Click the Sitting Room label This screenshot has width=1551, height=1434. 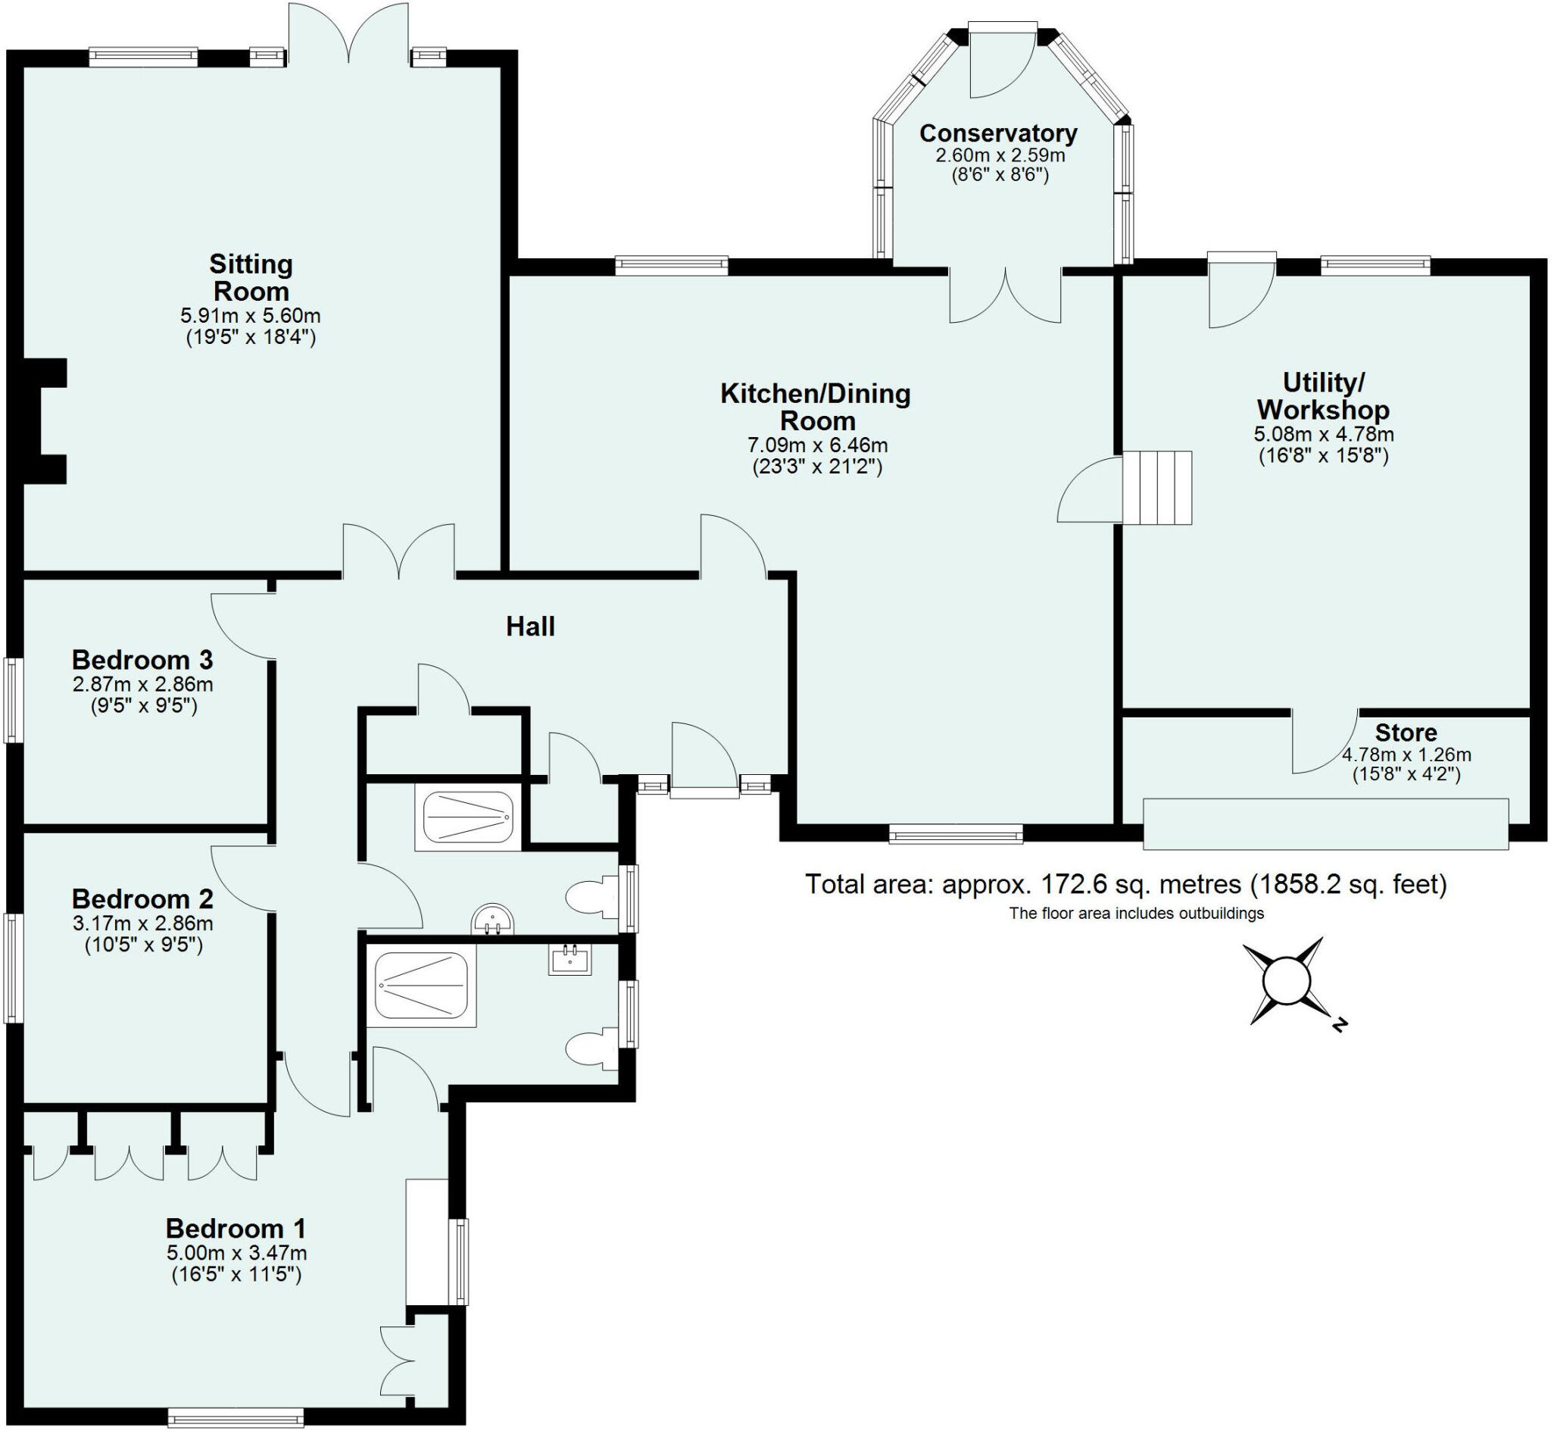[x=251, y=277]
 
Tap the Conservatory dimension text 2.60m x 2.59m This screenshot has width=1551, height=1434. [x=1000, y=155]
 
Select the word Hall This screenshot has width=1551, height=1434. [x=530, y=626]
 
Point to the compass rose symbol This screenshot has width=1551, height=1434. [x=1286, y=982]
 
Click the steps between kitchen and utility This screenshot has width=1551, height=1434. [x=1157, y=487]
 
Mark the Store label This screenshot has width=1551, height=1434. [x=1406, y=733]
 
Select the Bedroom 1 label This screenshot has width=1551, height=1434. [x=235, y=1229]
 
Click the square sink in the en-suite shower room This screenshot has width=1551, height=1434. [x=570, y=959]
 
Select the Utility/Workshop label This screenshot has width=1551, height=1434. [x=1323, y=395]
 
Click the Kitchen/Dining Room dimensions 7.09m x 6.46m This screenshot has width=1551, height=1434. [x=817, y=445]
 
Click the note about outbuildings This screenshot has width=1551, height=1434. [x=1136, y=914]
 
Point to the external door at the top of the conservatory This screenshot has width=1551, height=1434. [x=1003, y=62]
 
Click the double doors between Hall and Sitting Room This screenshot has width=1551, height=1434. [x=399, y=552]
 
